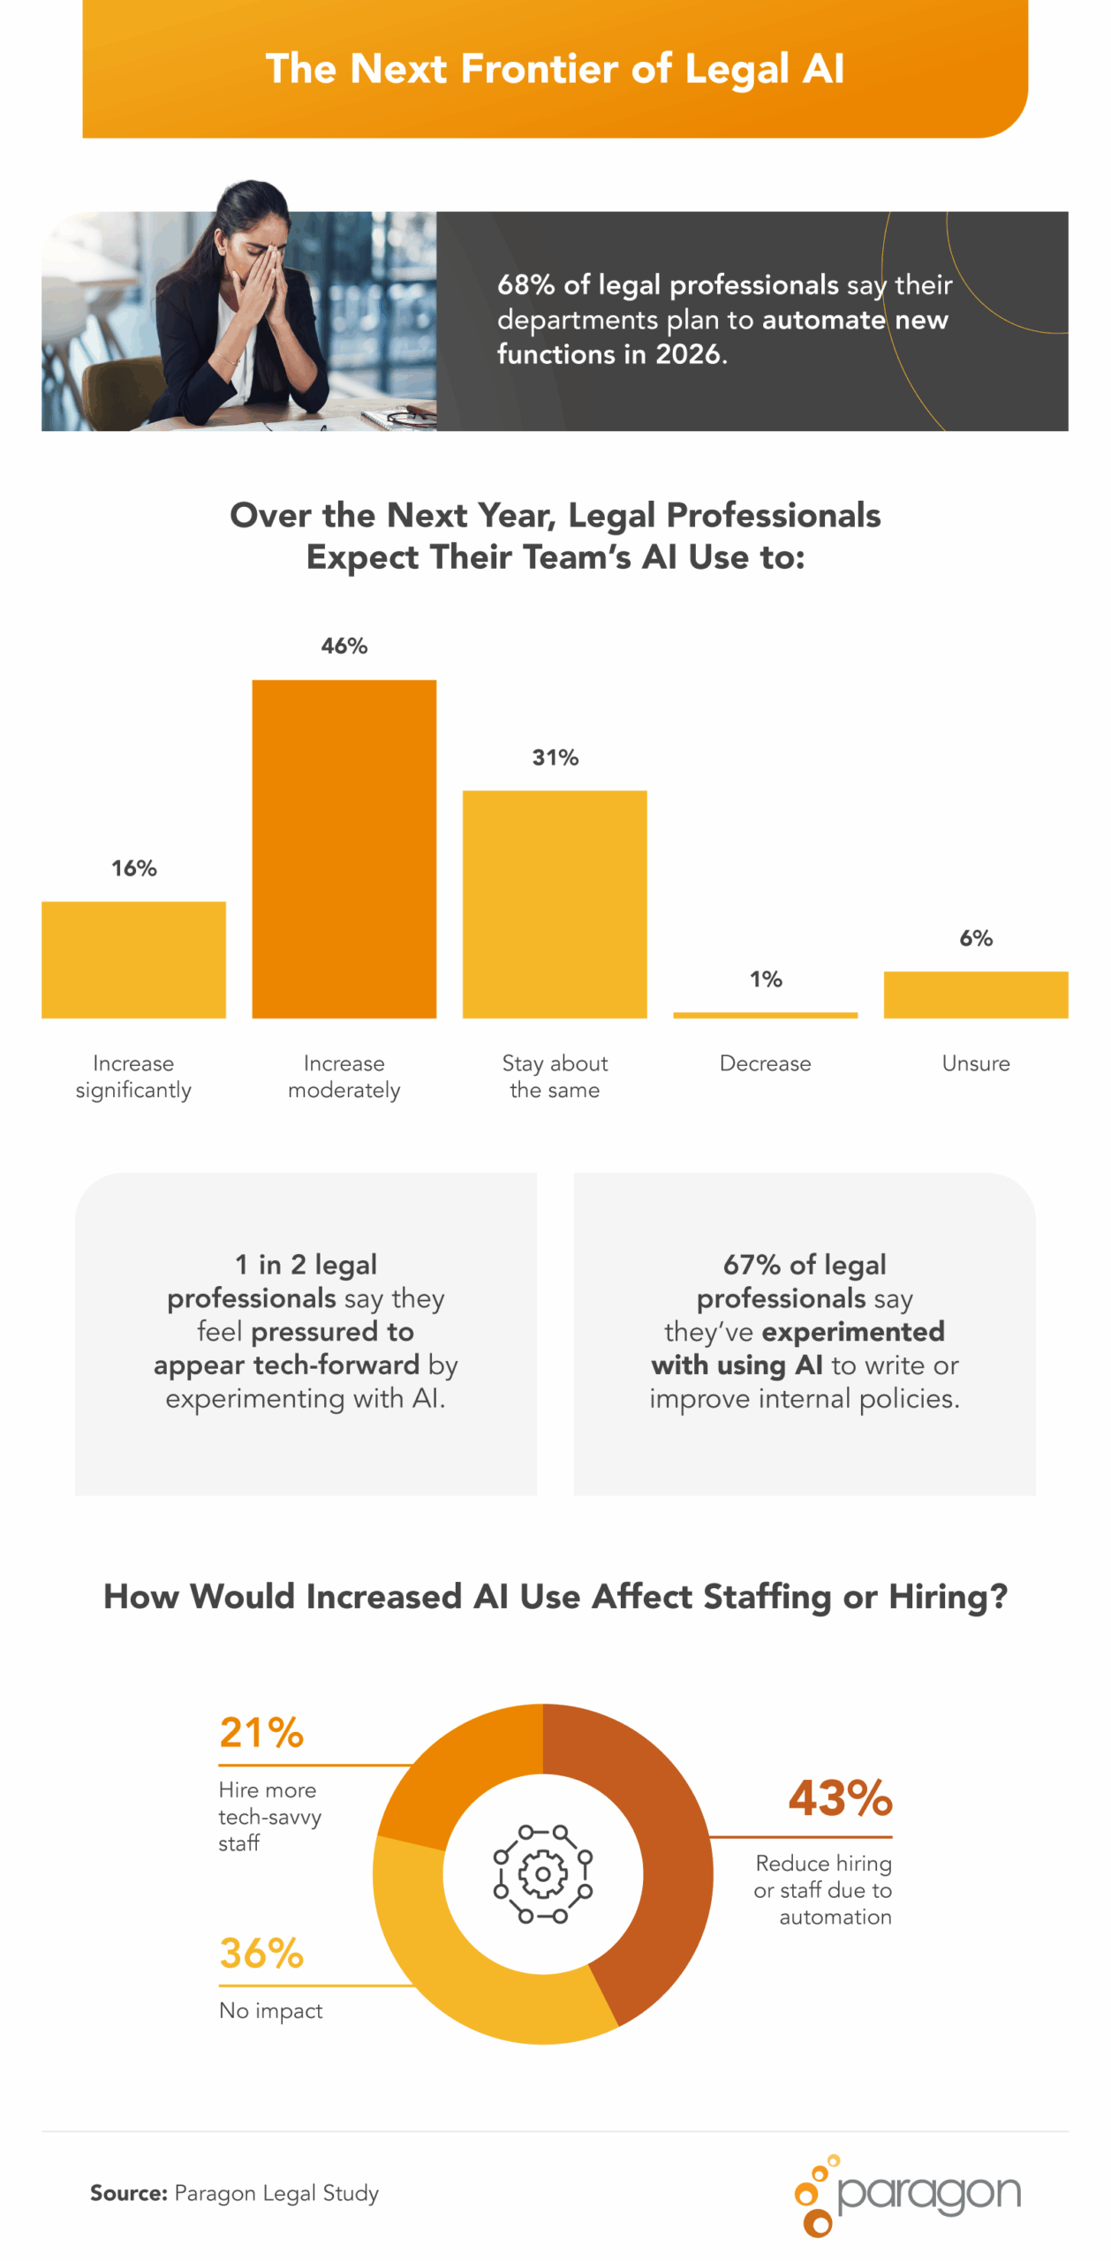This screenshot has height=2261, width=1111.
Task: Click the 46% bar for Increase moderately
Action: pyautogui.click(x=344, y=848)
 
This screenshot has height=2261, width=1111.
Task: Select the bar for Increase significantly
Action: pyautogui.click(x=133, y=959)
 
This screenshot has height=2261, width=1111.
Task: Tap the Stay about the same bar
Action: pyautogui.click(x=555, y=904)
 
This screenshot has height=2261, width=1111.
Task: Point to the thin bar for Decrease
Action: pyautogui.click(x=765, y=1015)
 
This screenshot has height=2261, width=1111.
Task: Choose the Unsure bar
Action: pyautogui.click(x=975, y=994)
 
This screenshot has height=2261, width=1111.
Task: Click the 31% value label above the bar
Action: pyautogui.click(x=555, y=757)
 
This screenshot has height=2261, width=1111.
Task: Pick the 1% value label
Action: pyautogui.click(x=765, y=979)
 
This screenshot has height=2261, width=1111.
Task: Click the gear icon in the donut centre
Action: pyautogui.click(x=542, y=1872)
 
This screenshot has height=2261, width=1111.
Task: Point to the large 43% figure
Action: pyautogui.click(x=840, y=1797)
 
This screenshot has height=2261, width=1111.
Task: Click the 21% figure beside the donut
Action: pyautogui.click(x=261, y=1732)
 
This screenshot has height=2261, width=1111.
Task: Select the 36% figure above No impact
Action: pyautogui.click(x=261, y=1952)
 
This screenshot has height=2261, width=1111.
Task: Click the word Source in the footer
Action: pyautogui.click(x=128, y=2192)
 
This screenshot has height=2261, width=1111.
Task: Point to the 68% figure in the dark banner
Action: pyautogui.click(x=525, y=284)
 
